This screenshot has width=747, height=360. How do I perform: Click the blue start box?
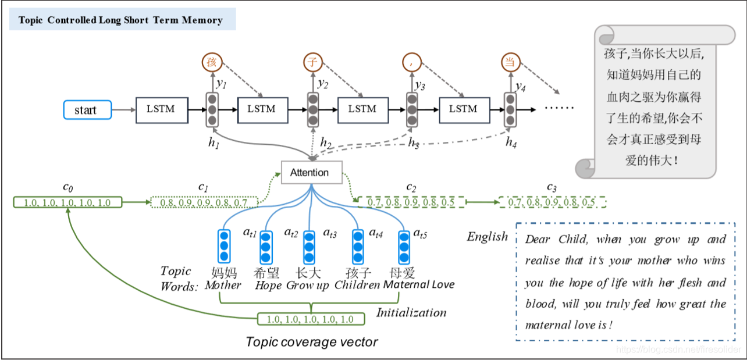click(x=86, y=110)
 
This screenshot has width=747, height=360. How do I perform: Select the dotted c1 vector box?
click(x=203, y=202)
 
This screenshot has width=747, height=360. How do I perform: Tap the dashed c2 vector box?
click(x=407, y=202)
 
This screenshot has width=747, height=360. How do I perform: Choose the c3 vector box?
click(x=552, y=202)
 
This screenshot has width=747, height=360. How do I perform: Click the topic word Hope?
click(x=268, y=286)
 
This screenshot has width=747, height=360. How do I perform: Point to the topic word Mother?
click(x=223, y=286)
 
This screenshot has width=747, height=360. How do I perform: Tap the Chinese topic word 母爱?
click(x=403, y=272)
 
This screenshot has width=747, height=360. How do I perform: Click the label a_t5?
click(x=420, y=233)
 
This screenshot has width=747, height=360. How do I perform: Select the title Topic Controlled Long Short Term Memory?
click(x=120, y=20)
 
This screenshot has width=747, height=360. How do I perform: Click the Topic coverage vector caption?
click(x=312, y=342)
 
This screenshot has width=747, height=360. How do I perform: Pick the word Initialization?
click(x=411, y=313)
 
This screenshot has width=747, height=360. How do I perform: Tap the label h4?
click(x=511, y=142)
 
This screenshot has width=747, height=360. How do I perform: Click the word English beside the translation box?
click(x=488, y=237)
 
